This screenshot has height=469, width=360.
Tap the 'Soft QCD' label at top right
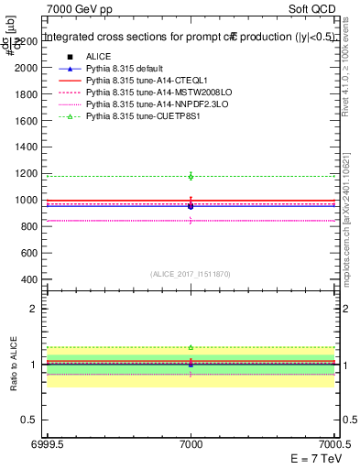[x=313, y=8]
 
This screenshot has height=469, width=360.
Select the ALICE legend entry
[x=99, y=58]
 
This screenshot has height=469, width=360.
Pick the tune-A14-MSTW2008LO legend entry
[x=145, y=93]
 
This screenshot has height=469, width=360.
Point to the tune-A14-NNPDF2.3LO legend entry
[x=145, y=105]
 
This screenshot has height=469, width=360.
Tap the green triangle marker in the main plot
[x=191, y=175]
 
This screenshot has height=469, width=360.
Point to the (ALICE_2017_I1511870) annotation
[x=191, y=273]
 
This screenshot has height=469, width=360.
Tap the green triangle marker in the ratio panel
[x=191, y=347]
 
